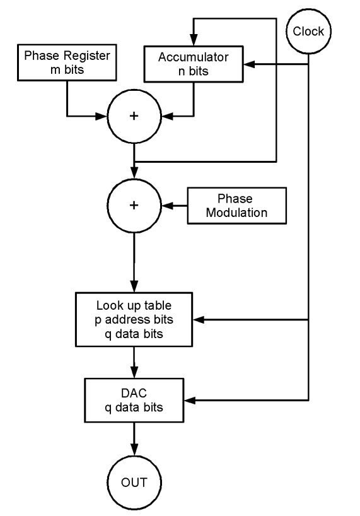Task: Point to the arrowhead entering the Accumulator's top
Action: [x=194, y=40]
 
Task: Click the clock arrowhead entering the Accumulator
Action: [x=249, y=64]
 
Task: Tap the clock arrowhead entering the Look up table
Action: [x=199, y=319]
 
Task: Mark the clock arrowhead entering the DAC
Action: [x=190, y=400]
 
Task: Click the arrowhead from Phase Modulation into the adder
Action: [x=167, y=206]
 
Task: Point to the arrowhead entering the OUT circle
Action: [x=134, y=450]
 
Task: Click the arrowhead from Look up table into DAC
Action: [x=134, y=373]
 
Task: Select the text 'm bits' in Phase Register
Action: [x=67, y=69]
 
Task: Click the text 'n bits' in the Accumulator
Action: [x=194, y=71]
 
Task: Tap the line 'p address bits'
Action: [x=134, y=320]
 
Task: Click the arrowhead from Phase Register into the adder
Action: [x=102, y=116]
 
